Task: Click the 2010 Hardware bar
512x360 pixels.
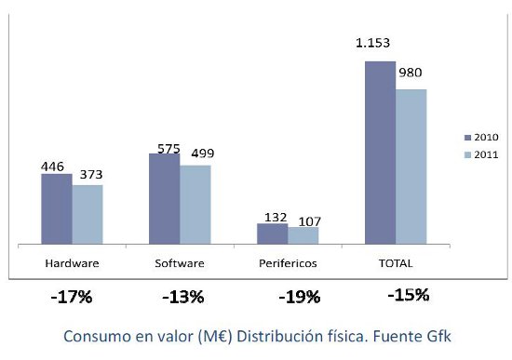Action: (x=56, y=209)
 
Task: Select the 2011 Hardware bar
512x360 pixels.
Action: (x=88, y=215)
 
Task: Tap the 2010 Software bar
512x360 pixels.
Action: (x=164, y=199)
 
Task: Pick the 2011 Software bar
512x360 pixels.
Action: (x=195, y=206)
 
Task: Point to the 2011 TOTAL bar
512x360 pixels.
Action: (x=411, y=167)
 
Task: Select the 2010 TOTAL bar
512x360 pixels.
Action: (x=380, y=153)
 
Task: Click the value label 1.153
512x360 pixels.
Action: (x=372, y=43)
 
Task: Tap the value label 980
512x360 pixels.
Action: (x=411, y=72)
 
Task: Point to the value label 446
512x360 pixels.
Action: (x=52, y=167)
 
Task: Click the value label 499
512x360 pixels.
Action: (x=204, y=153)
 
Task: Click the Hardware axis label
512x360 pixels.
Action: (x=72, y=263)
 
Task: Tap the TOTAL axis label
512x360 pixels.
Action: (x=396, y=263)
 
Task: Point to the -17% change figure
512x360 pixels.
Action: (x=71, y=298)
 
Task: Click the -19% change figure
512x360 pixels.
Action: (x=299, y=298)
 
